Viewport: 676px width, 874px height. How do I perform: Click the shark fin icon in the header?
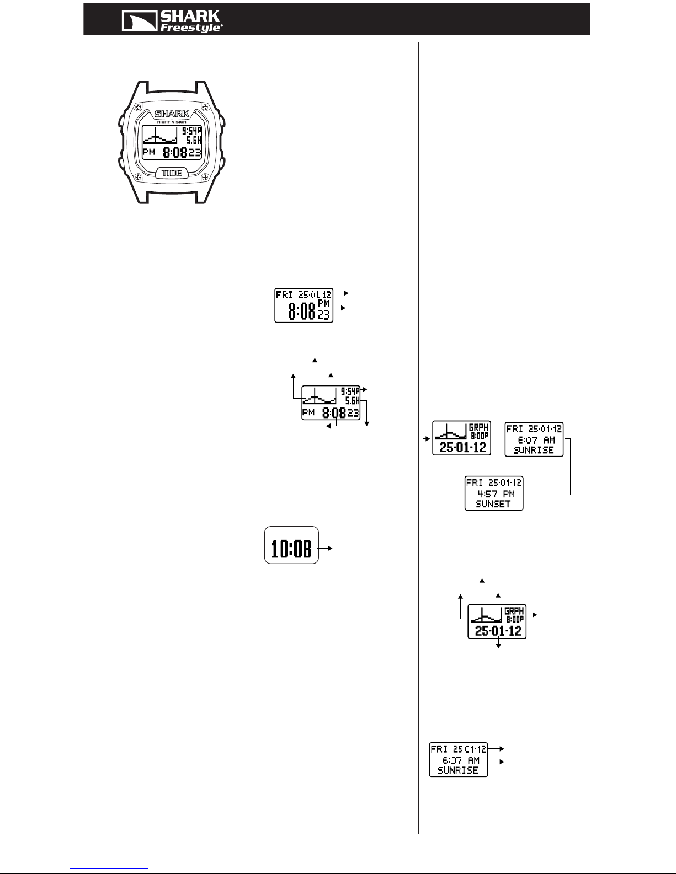point(139,21)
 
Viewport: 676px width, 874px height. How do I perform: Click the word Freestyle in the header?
point(191,28)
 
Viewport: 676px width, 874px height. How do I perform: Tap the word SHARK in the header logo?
point(190,17)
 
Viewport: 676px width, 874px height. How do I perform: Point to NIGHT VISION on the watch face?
point(172,122)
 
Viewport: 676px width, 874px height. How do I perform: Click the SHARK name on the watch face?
point(172,114)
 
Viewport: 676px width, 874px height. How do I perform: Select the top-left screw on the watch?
point(138,108)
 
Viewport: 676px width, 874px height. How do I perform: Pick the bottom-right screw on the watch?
point(205,177)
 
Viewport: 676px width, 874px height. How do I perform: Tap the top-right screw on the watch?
point(205,108)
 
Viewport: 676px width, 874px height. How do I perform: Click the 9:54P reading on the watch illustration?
point(191,131)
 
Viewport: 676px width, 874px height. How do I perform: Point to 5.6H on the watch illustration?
point(194,140)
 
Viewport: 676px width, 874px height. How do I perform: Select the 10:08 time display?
point(291,549)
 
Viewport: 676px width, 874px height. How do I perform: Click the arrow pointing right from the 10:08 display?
point(324,548)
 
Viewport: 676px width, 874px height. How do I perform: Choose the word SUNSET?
point(493,504)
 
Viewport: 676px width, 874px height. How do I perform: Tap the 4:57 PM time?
point(496,494)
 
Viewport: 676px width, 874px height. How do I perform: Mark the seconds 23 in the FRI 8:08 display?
point(324,315)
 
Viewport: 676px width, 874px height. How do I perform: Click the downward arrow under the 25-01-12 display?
point(498,644)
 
